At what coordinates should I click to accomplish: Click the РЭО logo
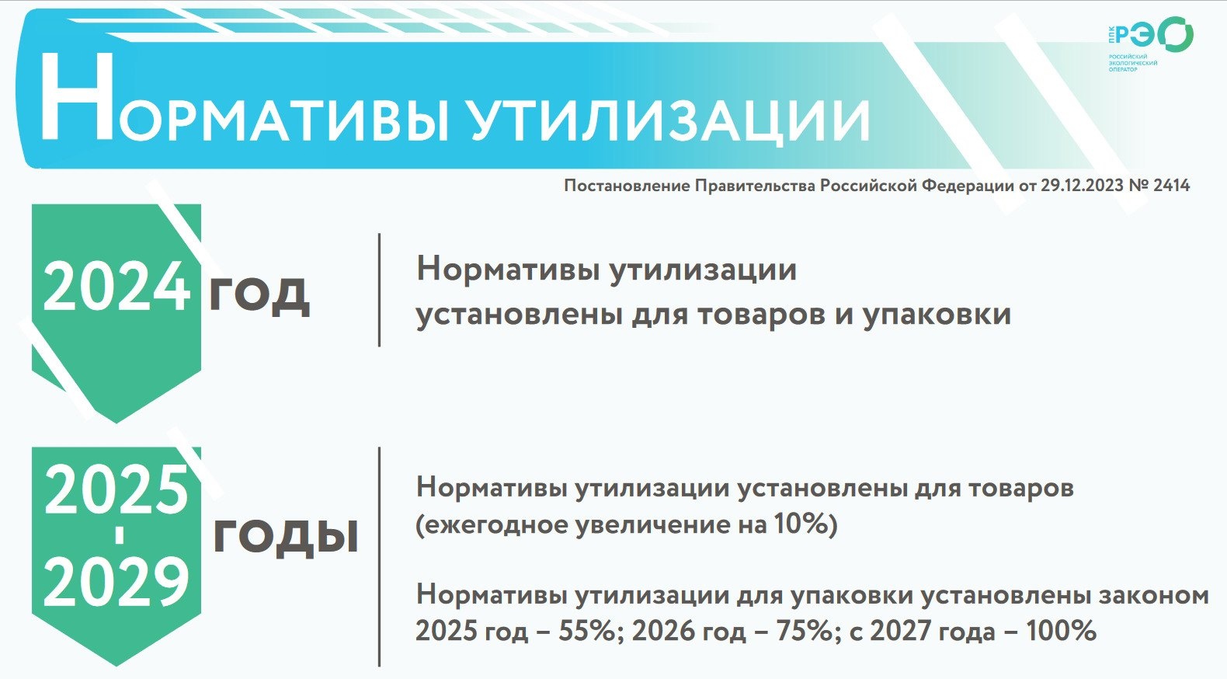pyautogui.click(x=1149, y=44)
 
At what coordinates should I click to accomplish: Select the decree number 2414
pyautogui.click(x=1171, y=186)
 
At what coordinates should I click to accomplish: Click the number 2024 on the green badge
pyautogui.click(x=116, y=286)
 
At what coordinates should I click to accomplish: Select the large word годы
pyautogui.click(x=285, y=534)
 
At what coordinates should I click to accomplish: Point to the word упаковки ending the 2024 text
pyautogui.click(x=937, y=316)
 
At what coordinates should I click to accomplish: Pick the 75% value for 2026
pyautogui.click(x=804, y=632)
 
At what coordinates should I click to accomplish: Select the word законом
pyautogui.click(x=1146, y=596)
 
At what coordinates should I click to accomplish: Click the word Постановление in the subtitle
pyautogui.click(x=627, y=186)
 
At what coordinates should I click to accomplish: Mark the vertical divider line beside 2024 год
pyautogui.click(x=379, y=290)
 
